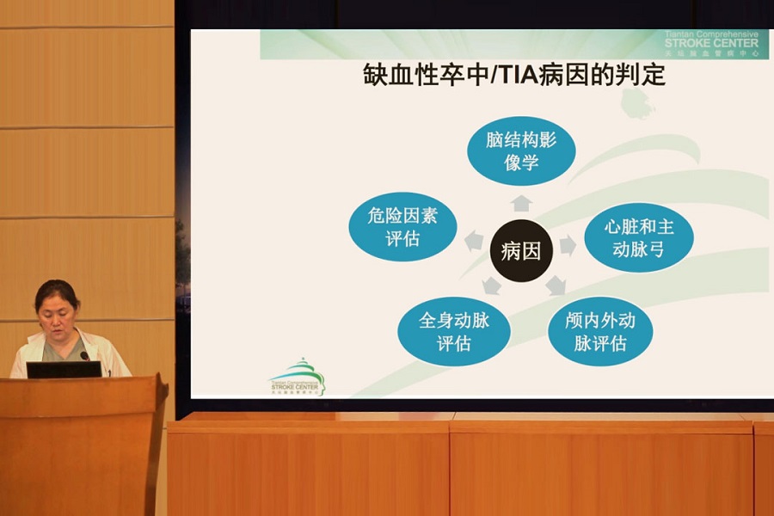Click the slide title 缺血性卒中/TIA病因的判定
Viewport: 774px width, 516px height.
514,76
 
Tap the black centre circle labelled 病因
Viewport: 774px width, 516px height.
521,251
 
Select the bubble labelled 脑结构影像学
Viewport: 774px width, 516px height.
521,150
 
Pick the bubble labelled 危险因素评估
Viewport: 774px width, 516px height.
402,227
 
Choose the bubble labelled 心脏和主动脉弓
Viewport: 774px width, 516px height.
638,237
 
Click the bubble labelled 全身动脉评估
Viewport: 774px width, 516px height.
453,331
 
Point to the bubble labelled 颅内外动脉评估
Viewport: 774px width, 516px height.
600,331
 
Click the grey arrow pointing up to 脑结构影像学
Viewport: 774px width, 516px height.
521,203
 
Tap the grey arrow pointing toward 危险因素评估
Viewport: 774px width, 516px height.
474,242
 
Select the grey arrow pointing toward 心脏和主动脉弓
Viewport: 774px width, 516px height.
568,246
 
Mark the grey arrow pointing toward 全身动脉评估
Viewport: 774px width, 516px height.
491,286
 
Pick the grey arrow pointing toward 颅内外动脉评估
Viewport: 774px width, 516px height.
556,285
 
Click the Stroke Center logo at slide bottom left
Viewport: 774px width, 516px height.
297,378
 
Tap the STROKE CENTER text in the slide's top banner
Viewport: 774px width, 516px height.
711,43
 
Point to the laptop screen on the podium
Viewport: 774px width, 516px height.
64,370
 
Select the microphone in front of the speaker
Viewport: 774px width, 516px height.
85,355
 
